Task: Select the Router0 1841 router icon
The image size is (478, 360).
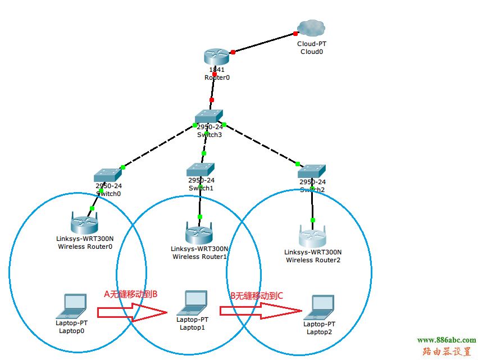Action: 217,56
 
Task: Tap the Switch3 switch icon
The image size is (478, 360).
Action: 209,116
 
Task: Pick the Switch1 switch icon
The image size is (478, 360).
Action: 201,168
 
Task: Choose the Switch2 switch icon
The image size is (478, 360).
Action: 312,171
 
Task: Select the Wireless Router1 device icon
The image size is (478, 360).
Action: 199,232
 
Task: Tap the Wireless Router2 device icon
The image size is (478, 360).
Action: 313,236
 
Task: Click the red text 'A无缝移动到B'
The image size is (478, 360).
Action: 131,294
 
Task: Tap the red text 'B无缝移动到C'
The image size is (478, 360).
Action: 257,295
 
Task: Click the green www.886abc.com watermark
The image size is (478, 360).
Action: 447,340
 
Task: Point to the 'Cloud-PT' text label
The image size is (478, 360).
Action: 312,43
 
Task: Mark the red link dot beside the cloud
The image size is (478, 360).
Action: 295,34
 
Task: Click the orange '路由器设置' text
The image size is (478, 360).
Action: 447,352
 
